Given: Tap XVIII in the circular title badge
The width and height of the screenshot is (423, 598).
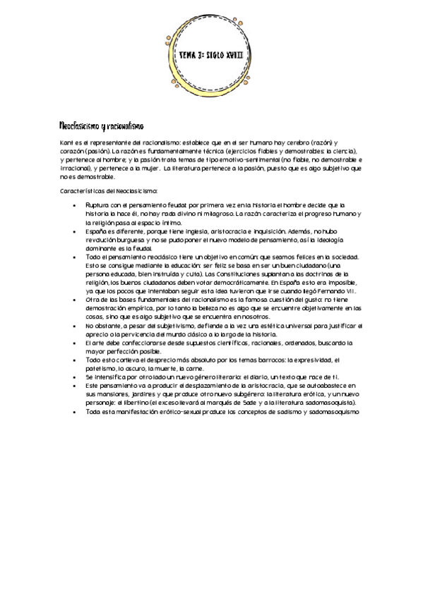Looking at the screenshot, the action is (235, 53).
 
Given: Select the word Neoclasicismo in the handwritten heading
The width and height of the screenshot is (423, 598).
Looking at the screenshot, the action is (79, 126).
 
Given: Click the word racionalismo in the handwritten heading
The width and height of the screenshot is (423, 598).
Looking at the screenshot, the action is (125, 126).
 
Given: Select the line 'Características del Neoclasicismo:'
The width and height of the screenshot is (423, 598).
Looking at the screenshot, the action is (99, 191).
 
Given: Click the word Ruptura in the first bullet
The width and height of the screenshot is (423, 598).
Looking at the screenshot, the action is (96, 205).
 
